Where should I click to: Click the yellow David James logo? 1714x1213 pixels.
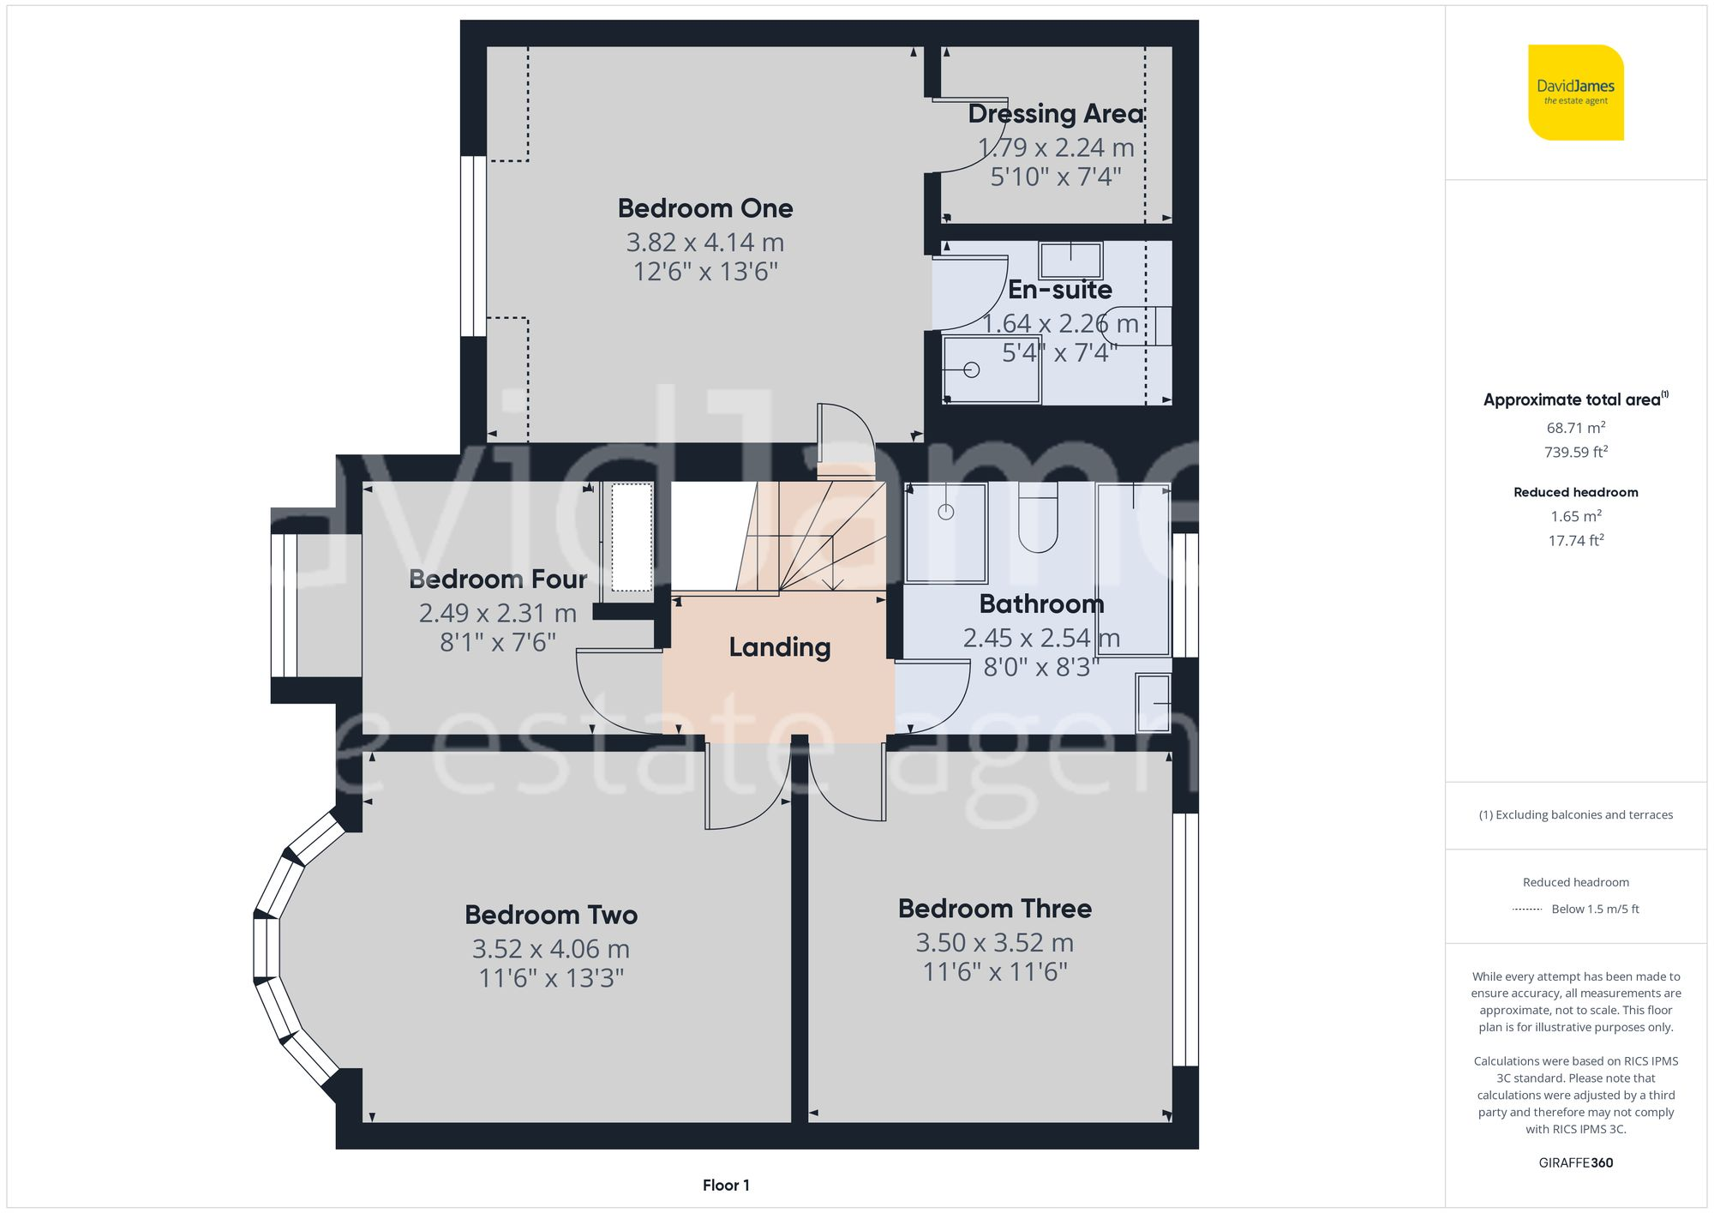[1575, 93]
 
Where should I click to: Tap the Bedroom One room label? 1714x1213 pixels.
[705, 208]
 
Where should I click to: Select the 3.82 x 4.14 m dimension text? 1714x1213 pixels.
[705, 243]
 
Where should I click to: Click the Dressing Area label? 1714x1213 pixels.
[1055, 114]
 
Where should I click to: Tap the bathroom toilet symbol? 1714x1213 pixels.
[1038, 519]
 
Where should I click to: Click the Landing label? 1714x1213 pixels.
[779, 647]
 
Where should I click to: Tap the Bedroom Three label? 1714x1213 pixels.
[994, 909]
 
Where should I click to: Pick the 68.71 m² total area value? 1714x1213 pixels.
[1575, 428]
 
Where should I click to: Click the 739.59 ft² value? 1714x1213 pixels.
[1575, 452]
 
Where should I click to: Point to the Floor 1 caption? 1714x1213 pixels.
[726, 1186]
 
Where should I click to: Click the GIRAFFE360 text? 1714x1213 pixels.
[1575, 1163]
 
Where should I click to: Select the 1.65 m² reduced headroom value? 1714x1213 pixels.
[1575, 516]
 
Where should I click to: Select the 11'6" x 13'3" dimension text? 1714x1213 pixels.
[551, 978]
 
